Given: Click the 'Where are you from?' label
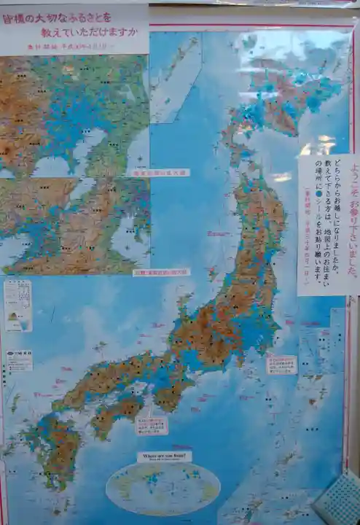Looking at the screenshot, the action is (x=164, y=456).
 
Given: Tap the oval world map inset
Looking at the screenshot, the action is (x=163, y=488).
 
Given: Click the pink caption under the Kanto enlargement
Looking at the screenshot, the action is (x=158, y=173).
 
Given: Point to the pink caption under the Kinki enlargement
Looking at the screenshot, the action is (x=160, y=272).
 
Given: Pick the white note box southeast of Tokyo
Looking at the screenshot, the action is (x=281, y=364).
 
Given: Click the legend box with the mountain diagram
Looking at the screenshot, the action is (x=17, y=305).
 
